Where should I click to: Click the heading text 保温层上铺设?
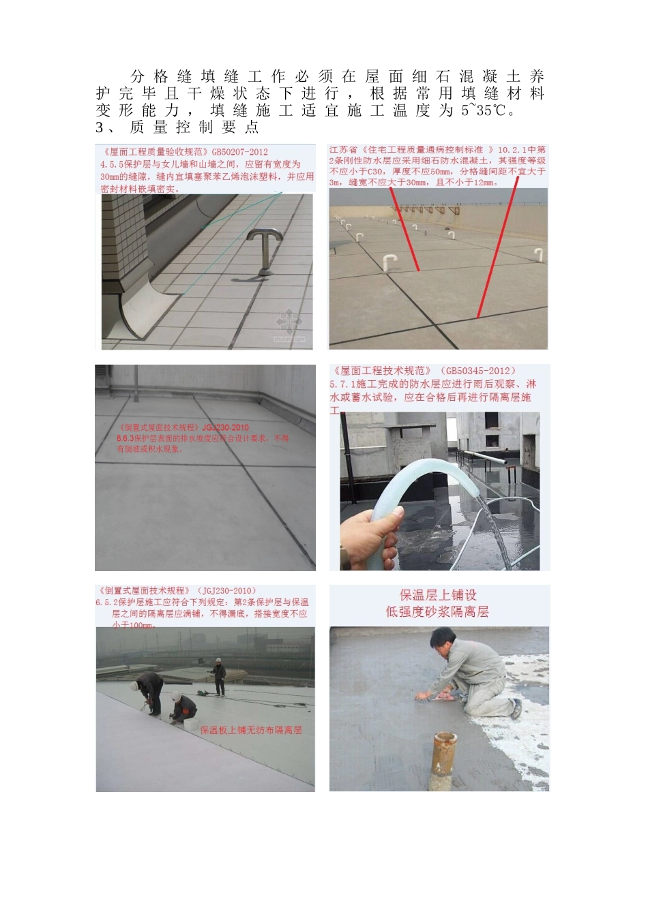point(438,595)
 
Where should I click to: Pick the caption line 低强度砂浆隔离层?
point(437,612)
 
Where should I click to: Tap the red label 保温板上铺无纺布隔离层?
point(250,730)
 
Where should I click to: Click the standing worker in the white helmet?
point(218,676)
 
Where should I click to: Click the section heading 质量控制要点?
point(194,127)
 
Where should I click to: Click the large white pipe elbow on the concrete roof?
point(389,262)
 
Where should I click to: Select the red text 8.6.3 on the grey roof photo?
point(128,438)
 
